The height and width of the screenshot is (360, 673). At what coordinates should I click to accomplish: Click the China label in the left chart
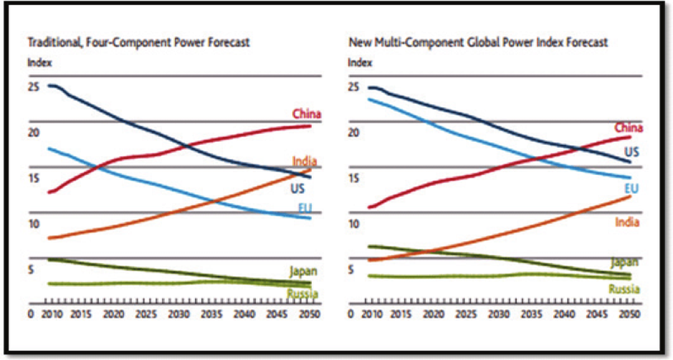click(x=306, y=114)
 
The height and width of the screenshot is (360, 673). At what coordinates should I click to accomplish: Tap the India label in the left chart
click(x=305, y=161)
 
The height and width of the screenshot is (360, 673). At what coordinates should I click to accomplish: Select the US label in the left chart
click(x=298, y=189)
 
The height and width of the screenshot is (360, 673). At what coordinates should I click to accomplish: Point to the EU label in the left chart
click(x=305, y=208)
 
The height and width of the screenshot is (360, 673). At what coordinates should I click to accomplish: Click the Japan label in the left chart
click(x=303, y=271)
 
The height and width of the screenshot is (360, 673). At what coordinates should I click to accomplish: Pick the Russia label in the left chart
click(x=303, y=293)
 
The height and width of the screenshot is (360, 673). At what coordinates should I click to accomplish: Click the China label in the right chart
click(x=628, y=128)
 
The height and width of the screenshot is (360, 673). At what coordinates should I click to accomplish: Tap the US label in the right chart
click(x=631, y=152)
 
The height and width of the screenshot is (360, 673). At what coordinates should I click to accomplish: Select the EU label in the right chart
click(x=631, y=188)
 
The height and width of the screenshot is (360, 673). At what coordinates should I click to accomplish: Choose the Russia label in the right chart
click(x=624, y=289)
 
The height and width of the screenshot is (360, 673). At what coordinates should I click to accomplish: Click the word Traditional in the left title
click(x=53, y=42)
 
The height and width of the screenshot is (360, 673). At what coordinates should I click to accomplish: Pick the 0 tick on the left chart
click(x=31, y=314)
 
